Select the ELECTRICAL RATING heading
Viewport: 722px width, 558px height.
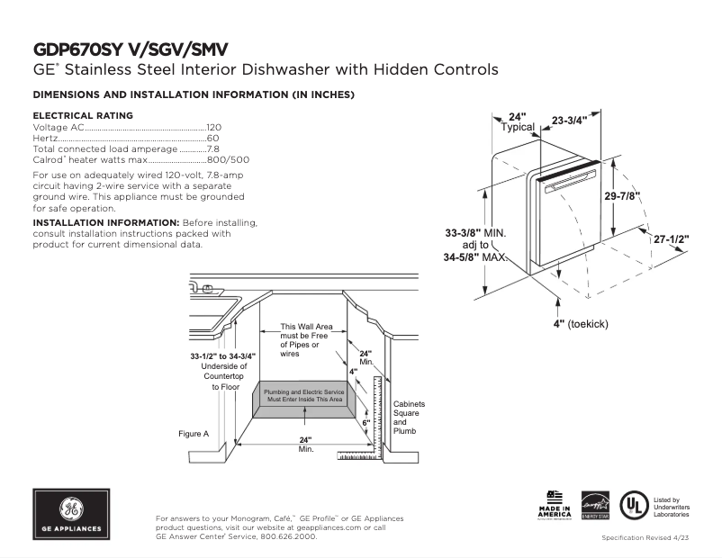tap(83, 115)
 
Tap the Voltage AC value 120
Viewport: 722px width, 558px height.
tap(214, 128)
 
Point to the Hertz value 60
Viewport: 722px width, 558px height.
tap(213, 139)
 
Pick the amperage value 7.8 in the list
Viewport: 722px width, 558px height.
tap(213, 149)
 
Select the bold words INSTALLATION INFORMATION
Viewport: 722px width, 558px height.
tap(105, 221)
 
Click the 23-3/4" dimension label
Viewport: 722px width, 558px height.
tap(569, 120)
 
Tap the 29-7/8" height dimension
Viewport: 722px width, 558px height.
tap(622, 196)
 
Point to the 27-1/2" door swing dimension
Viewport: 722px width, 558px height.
tap(671, 240)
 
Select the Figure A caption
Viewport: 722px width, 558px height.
tap(194, 434)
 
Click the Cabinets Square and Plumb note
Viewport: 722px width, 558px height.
tap(409, 418)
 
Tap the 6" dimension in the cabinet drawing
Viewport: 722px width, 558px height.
tap(366, 421)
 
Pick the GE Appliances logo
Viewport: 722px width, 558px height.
tap(71, 515)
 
